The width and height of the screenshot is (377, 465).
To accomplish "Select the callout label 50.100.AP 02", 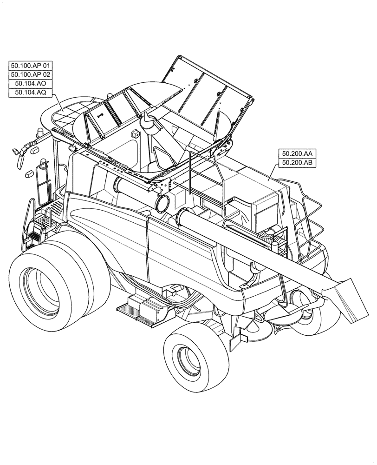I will pyautogui.click(x=31, y=74).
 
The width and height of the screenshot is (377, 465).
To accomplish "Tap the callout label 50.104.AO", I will pyautogui.click(x=31, y=83).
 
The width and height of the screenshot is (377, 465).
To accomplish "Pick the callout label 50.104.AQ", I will pyautogui.click(x=31, y=93).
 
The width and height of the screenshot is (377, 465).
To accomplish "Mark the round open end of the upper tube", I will pyautogui.click(x=163, y=203).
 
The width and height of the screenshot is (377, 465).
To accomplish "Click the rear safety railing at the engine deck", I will pyautogui.click(x=311, y=223).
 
